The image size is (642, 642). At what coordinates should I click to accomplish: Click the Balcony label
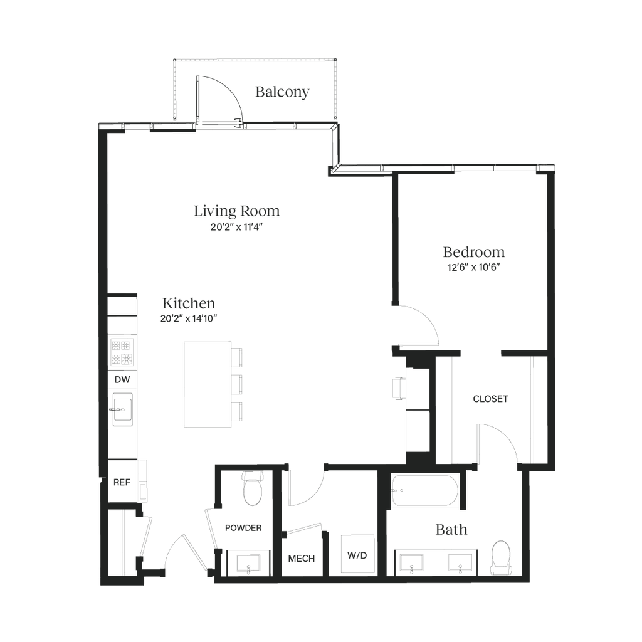click(x=283, y=93)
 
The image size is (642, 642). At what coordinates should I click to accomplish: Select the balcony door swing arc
click(x=221, y=97)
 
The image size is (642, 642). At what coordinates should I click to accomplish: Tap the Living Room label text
click(x=236, y=211)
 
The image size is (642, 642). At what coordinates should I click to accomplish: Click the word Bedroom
click(x=474, y=252)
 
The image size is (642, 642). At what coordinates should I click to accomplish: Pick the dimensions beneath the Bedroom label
click(x=474, y=267)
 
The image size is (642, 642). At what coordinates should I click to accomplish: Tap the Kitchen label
click(x=189, y=303)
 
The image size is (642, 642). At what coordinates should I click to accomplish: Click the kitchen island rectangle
click(x=208, y=384)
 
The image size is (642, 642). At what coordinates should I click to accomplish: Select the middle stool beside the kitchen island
click(x=238, y=384)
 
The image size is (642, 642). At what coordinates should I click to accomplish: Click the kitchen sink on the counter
click(x=123, y=409)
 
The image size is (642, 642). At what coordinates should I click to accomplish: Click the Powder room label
click(x=243, y=528)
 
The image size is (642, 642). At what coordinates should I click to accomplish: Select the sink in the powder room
click(x=249, y=562)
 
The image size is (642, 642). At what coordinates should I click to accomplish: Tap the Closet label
click(x=490, y=399)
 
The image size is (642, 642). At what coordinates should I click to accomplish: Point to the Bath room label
click(x=451, y=530)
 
